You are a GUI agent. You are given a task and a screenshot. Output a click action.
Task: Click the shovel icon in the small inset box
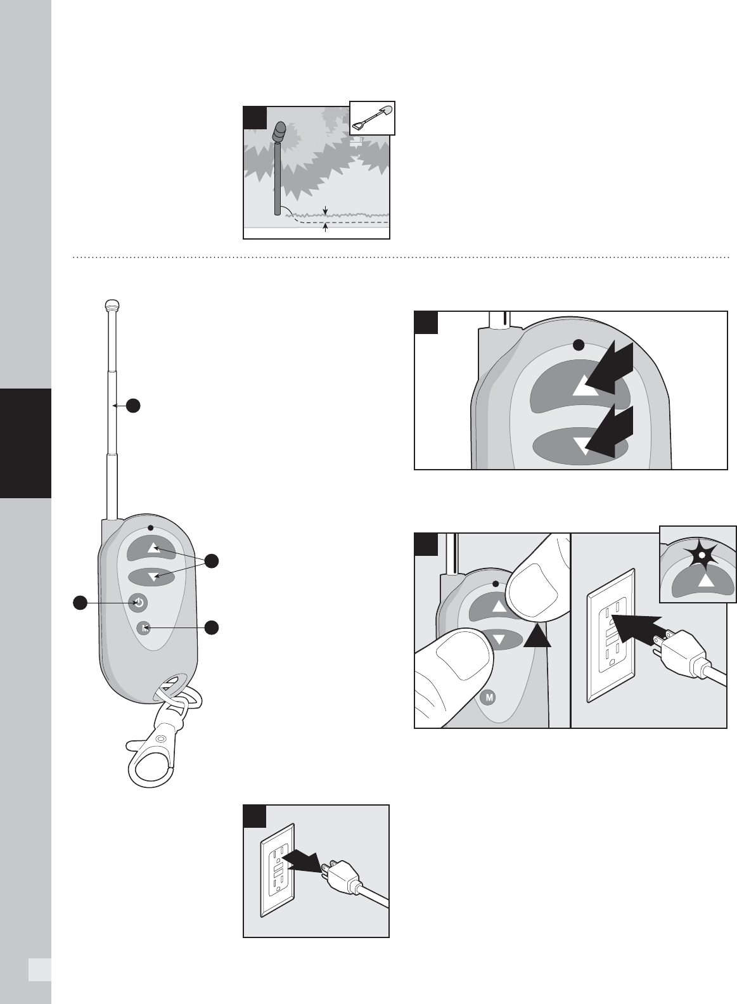pos(372,119)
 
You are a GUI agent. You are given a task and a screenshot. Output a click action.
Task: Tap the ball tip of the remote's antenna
pos(112,306)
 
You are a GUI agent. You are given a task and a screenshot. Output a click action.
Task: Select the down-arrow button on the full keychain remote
pos(151,577)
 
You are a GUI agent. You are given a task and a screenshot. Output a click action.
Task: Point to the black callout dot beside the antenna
pos(133,406)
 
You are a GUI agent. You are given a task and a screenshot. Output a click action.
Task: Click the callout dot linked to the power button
pos(80,603)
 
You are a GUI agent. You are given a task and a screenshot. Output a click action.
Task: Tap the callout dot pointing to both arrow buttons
pos(212,561)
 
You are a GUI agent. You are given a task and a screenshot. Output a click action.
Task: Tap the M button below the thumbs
pos(488,697)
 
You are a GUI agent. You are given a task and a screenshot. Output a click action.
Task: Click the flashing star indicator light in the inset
pos(702,555)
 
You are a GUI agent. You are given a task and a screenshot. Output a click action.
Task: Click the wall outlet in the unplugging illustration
pos(278,870)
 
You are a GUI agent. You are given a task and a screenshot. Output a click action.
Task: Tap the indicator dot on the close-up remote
pos(579,345)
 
